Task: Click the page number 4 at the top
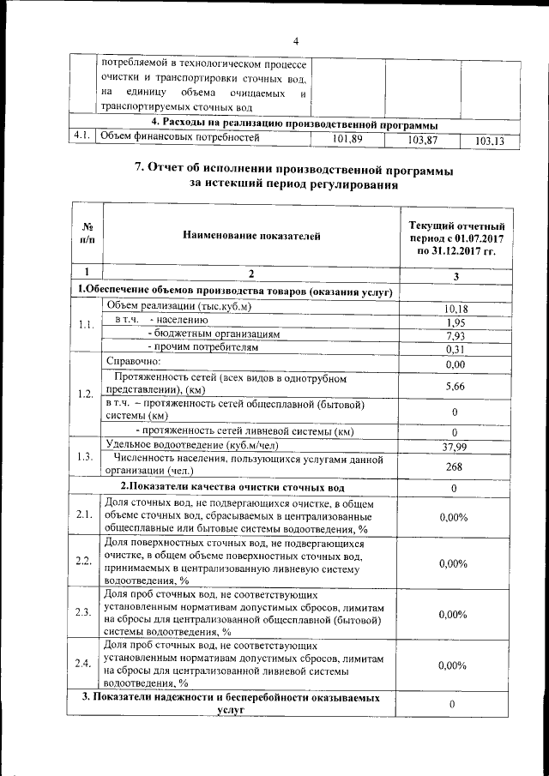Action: coord(294,41)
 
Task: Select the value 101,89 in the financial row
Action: coord(347,139)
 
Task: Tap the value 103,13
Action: coord(490,141)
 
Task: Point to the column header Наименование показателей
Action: coord(250,233)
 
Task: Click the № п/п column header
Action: coord(87,233)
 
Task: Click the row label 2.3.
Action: coord(83,612)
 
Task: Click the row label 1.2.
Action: coord(83,394)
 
